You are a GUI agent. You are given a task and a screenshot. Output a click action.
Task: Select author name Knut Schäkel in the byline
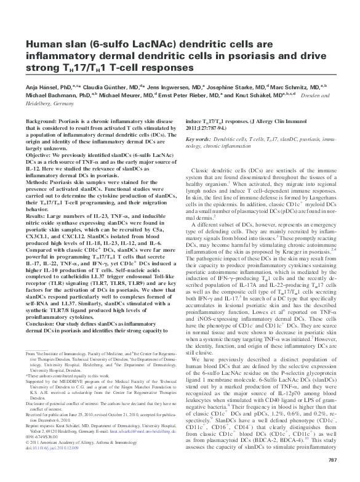pyautogui.click(x=254, y=97)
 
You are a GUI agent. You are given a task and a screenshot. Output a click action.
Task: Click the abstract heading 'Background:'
pyautogui.click(x=42, y=123)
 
